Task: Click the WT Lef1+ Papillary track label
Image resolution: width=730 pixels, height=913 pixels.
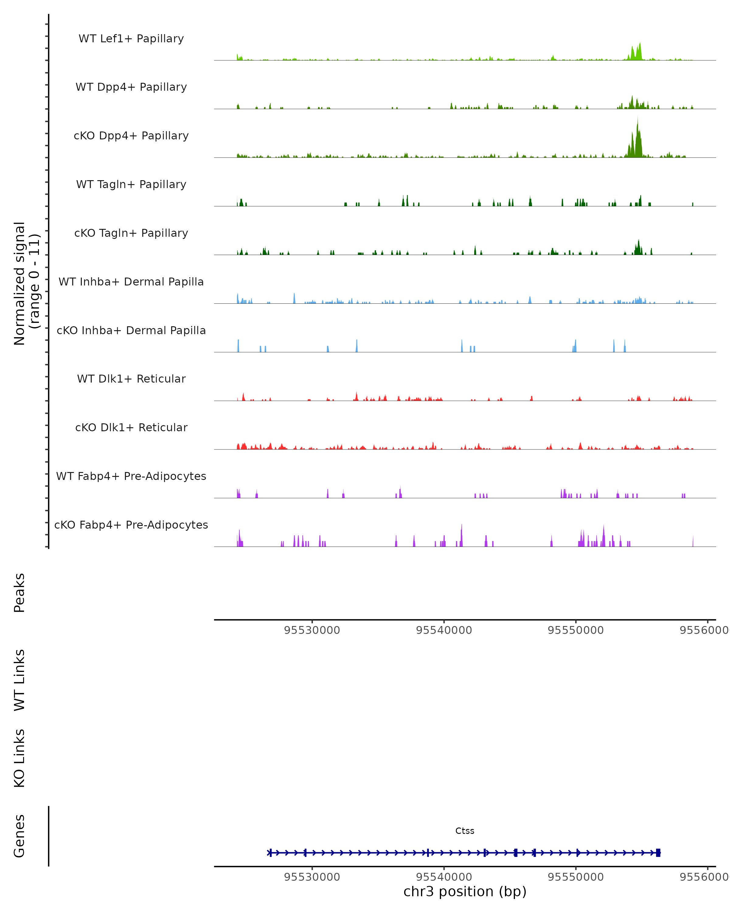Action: pos(131,39)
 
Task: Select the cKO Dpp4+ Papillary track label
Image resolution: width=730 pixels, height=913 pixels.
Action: pos(131,136)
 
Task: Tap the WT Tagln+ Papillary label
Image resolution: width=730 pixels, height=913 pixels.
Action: pos(131,185)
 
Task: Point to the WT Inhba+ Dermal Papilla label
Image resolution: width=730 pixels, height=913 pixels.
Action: pos(131,282)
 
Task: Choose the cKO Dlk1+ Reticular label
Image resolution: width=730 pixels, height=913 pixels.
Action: pos(131,428)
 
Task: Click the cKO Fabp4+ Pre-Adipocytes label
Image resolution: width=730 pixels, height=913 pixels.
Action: pos(131,525)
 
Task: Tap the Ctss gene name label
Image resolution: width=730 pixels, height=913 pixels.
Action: pos(465,831)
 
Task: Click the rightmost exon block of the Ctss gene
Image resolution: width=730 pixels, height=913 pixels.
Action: pos(658,853)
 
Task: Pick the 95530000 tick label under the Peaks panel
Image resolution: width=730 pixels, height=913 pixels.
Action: pos(312,631)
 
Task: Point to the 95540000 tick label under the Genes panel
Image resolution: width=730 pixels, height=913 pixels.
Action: pos(444,877)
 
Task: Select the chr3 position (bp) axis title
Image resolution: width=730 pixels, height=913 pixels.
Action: pos(465,892)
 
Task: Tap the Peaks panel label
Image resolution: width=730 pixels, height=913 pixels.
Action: pos(19,593)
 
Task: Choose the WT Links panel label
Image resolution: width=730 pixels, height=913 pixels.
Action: pos(19,680)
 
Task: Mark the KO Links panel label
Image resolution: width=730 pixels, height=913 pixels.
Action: pos(19,758)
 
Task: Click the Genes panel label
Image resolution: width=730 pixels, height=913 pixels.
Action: pos(19,836)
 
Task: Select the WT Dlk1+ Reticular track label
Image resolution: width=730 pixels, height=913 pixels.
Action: pos(131,379)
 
